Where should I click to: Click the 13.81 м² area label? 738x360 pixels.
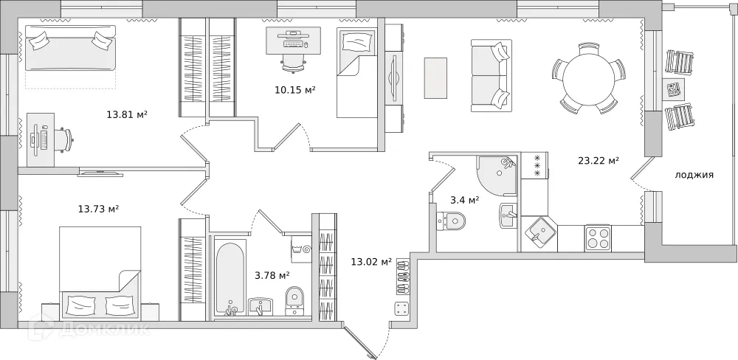pos(127,114)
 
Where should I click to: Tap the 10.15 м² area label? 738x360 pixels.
pos(294,90)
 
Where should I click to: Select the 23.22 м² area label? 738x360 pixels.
pos(598,160)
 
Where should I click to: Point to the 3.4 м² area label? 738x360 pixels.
pos(464,199)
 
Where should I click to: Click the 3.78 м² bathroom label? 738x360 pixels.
pos(272,275)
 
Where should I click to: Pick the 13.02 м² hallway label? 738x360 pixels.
pos(370,260)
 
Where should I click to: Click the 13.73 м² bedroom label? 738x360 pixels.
pos(98,209)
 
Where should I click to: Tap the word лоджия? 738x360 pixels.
pos(694,175)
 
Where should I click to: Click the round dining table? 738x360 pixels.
pos(588,77)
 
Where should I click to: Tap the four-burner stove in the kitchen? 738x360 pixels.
pos(598,238)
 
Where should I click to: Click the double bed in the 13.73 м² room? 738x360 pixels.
pos(100,273)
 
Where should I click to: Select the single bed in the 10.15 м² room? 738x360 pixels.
pos(356,73)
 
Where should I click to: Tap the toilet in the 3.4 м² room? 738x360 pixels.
pos(451,220)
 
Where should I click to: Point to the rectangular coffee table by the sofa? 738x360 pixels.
pos(435,78)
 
